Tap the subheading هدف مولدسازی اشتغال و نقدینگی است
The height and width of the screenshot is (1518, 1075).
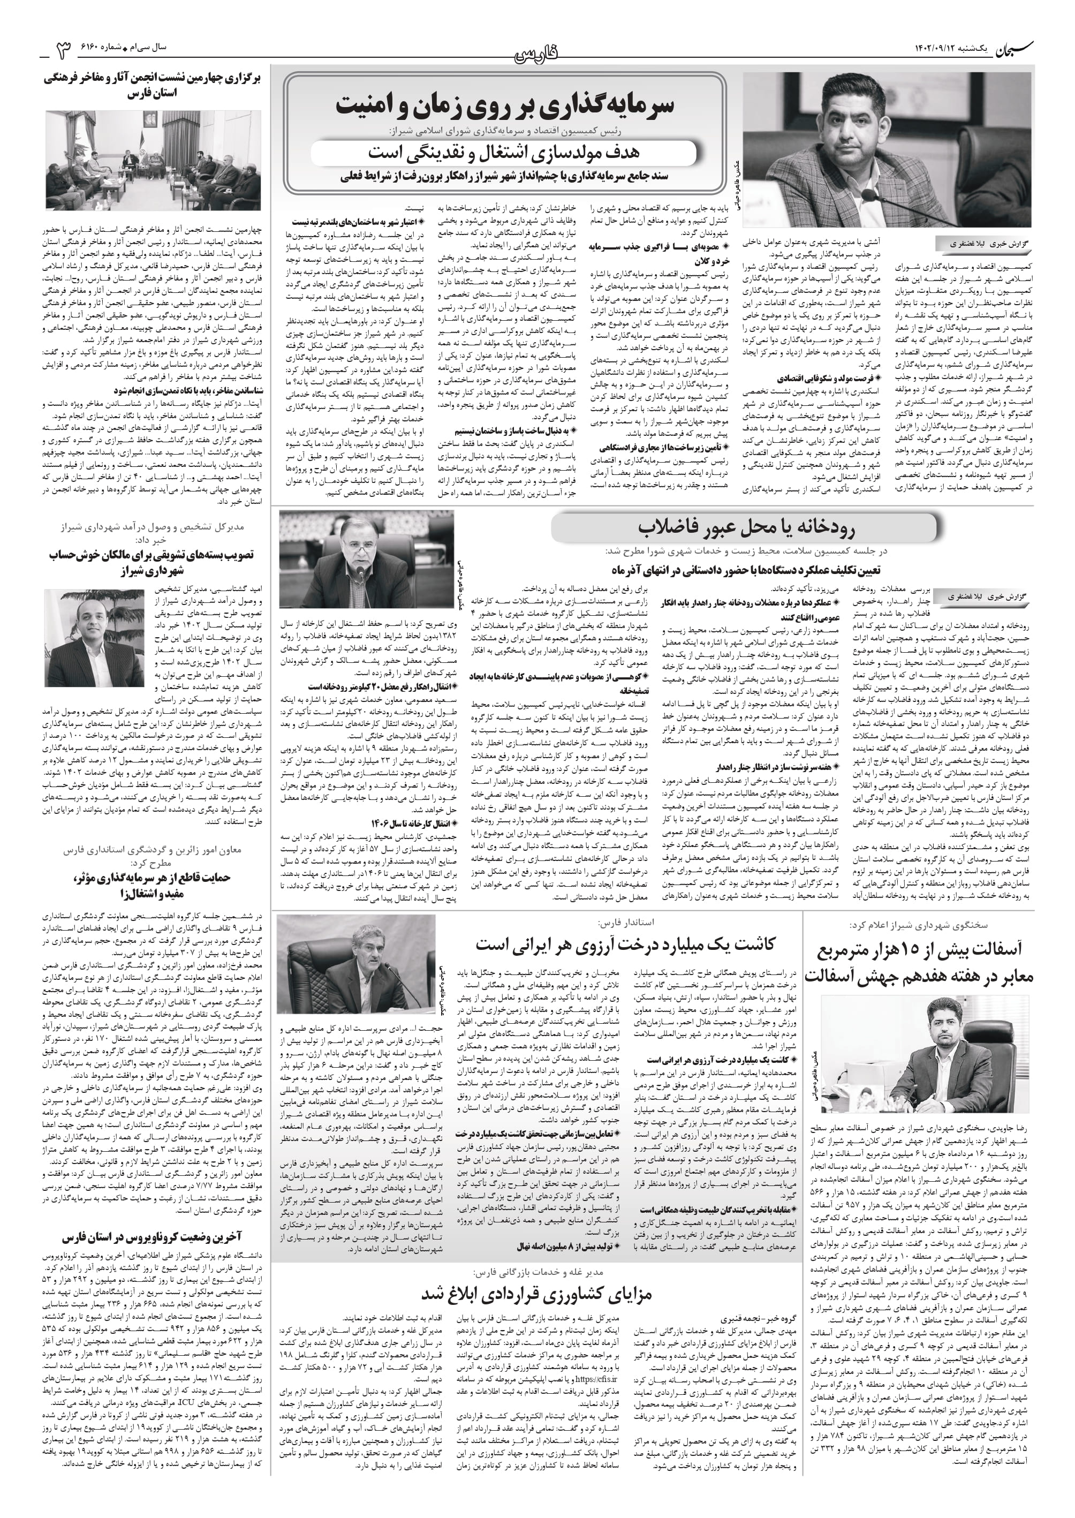[x=504, y=154]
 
